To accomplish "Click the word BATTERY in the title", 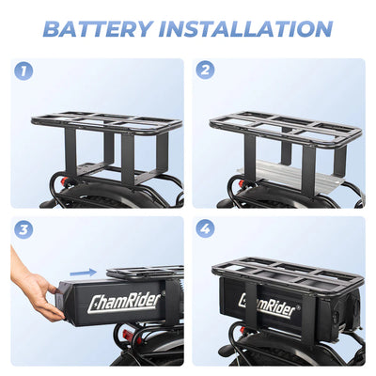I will point(104,28).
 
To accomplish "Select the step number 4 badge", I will point(205,228).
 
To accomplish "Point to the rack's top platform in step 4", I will point(287,274).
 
